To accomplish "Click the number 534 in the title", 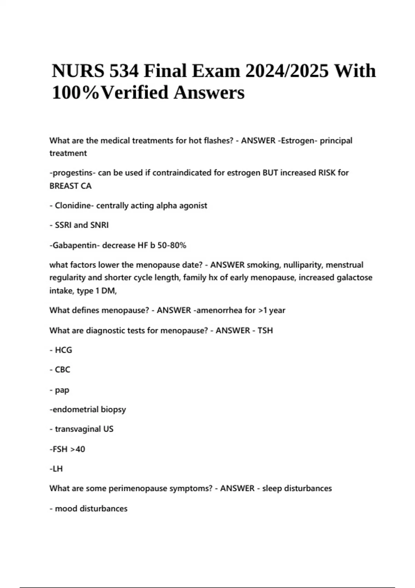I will [x=124, y=71].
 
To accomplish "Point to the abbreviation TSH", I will [x=265, y=331].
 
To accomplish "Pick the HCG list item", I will [x=63, y=350].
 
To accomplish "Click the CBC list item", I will [x=62, y=370].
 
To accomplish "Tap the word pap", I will [x=62, y=390].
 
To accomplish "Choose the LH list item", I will [x=57, y=469].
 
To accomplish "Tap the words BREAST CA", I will [x=71, y=186].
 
